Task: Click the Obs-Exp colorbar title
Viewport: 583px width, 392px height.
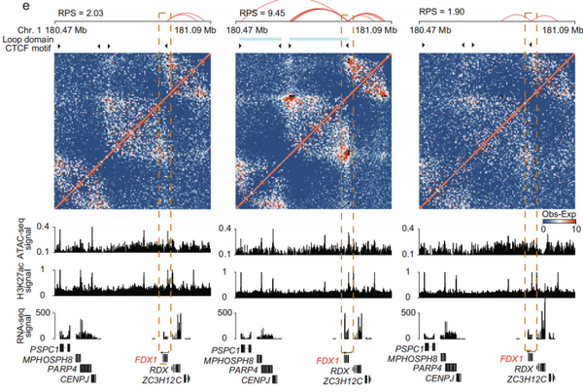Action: click(x=553, y=208)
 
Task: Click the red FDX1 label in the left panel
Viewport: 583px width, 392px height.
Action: click(x=147, y=360)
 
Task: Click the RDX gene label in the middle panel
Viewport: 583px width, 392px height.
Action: click(x=339, y=371)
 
